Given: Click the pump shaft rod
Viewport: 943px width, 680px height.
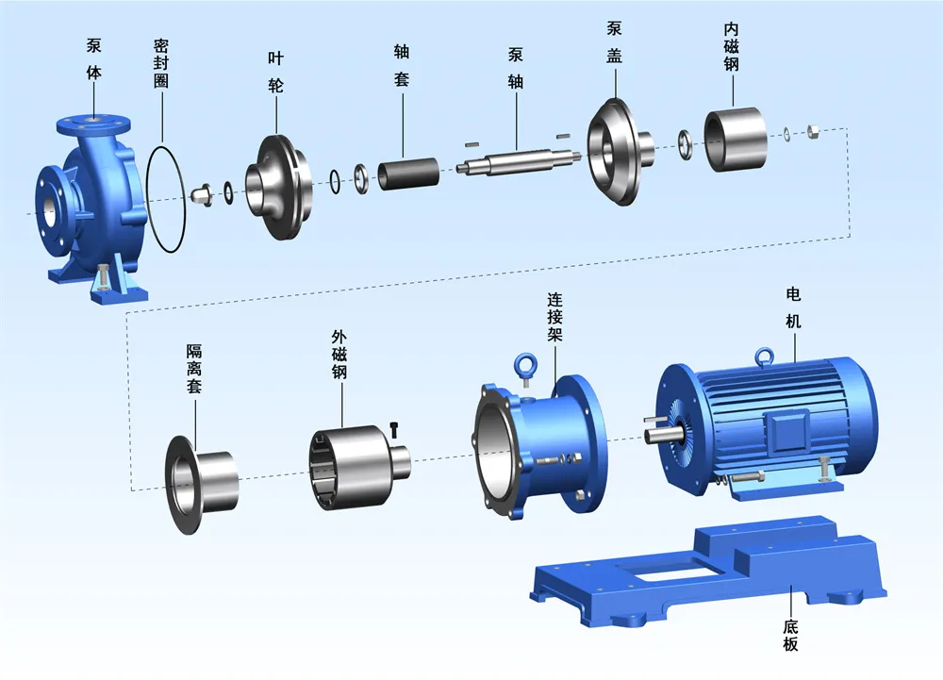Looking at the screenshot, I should pos(516,161).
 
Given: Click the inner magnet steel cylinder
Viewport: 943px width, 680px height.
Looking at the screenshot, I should pos(735,140).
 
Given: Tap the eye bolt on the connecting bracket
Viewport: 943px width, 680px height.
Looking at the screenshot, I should pos(522,363).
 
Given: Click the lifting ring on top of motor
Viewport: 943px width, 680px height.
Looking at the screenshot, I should pos(765,356).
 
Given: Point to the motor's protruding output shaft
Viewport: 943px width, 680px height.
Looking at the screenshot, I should pos(657,435).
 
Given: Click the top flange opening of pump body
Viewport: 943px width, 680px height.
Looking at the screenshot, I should pos(91,120).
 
